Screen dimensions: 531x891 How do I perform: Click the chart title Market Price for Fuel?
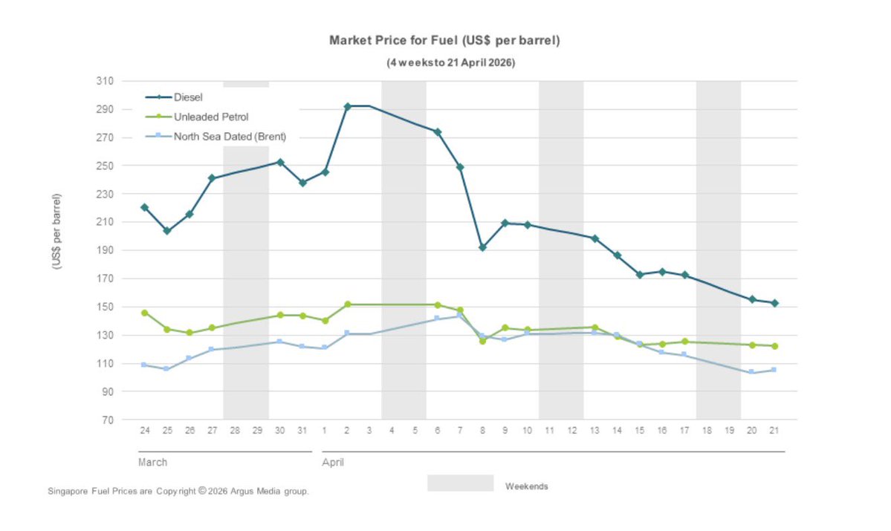pos(444,40)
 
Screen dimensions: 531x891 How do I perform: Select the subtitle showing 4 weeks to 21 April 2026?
pos(450,63)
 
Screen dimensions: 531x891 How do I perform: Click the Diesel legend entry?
pos(188,97)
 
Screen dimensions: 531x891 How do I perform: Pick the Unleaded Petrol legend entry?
pos(210,117)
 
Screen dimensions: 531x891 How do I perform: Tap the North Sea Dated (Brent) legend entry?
pos(229,136)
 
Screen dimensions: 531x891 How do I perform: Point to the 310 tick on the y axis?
pos(103,81)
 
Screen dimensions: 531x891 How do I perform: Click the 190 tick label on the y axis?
pos(103,250)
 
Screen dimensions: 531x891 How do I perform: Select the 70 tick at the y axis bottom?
pos(106,420)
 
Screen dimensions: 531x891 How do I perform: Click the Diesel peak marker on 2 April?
pos(347,106)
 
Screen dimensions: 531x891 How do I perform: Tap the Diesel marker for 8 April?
pos(482,247)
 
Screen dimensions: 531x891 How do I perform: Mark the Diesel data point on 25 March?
pos(166,231)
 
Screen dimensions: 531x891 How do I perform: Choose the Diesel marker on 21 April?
pos(774,303)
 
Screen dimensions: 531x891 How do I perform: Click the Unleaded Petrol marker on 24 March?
pos(144,313)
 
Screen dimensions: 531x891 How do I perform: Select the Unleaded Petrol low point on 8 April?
pos(482,341)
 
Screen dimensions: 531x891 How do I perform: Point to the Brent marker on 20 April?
pos(752,372)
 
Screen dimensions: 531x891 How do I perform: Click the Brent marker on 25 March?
pos(166,369)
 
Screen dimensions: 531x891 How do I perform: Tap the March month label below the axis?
pos(152,463)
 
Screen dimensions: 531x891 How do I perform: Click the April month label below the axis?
pos(332,463)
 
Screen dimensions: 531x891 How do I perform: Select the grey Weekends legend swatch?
pos(460,483)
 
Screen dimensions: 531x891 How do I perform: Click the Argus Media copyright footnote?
pos(178,492)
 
